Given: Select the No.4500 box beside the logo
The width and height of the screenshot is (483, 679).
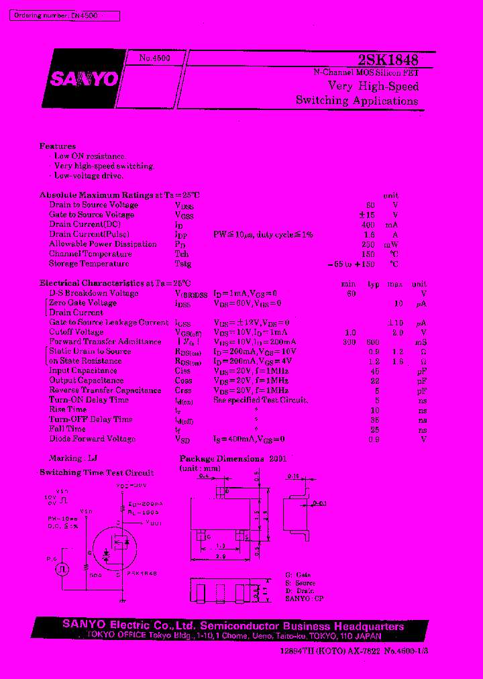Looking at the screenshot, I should coord(155,58).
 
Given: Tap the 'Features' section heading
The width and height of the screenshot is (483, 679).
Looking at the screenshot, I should coord(58,146).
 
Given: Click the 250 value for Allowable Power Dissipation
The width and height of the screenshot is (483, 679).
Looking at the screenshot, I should coord(368,244).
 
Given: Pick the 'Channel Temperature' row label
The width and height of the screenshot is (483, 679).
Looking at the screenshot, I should coord(90,254).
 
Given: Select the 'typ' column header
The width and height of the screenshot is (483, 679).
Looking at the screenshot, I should coord(373,284).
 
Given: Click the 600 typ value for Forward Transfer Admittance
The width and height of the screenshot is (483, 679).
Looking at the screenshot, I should coord(372,342).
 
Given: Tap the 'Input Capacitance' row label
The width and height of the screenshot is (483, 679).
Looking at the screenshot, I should coord(83,370).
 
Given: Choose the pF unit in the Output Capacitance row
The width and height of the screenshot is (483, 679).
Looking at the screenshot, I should coord(421,380).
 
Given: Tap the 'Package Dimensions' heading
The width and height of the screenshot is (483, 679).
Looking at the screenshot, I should coord(222,459).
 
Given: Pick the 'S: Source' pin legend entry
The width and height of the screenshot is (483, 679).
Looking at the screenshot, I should coord(300,583).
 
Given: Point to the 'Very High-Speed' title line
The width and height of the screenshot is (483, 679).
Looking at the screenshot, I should coord(373,86).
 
